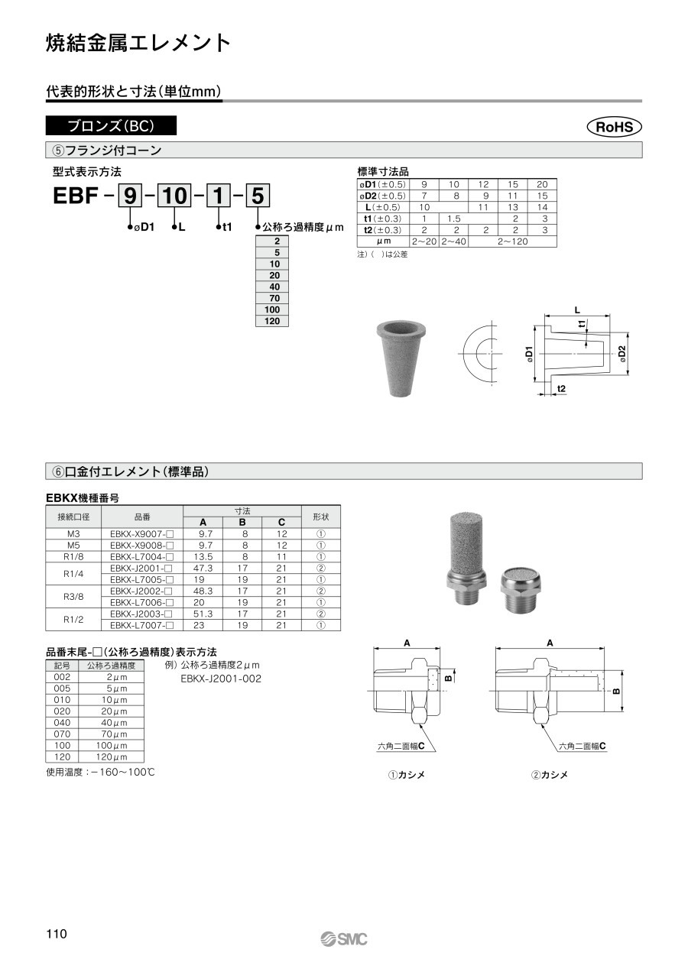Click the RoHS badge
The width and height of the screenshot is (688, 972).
[x=614, y=127]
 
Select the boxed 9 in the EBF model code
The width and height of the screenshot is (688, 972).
[x=130, y=196]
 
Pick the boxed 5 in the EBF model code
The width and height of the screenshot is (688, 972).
[x=258, y=196]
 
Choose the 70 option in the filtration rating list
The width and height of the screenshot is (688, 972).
[x=272, y=298]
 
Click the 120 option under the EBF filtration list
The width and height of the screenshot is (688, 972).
[x=272, y=321]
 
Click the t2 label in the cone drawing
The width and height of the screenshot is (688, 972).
[x=561, y=388]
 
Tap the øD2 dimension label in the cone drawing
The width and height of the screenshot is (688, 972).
[x=622, y=354]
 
